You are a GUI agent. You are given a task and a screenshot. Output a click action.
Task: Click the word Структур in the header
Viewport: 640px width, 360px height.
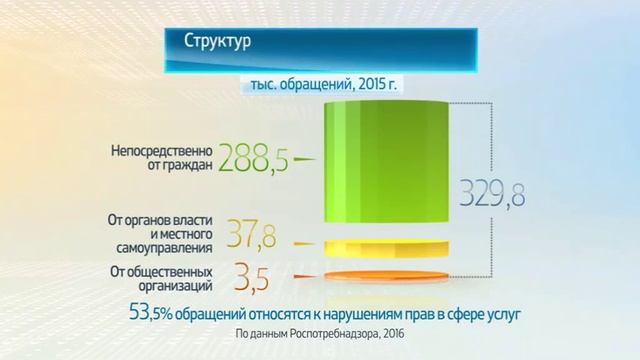[217, 43]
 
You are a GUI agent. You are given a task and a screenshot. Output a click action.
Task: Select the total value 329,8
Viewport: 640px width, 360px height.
[491, 190]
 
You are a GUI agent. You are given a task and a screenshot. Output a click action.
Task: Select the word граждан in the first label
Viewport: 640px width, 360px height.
[185, 167]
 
